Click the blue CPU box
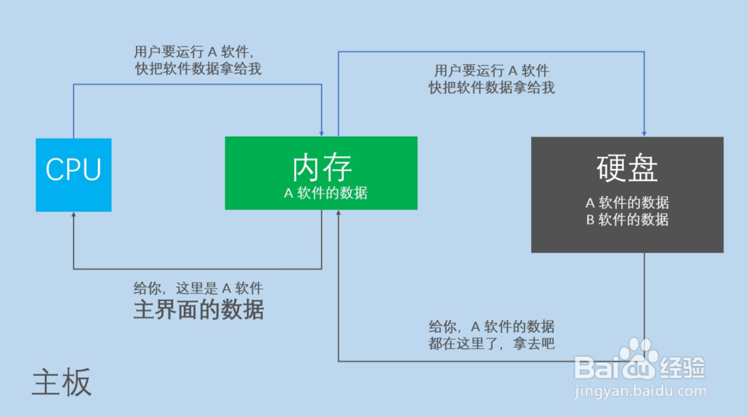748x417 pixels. pyautogui.click(x=73, y=174)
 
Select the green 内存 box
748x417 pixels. pyautogui.click(x=321, y=173)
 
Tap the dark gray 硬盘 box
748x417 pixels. pyautogui.click(x=627, y=194)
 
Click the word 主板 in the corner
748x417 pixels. pyautogui.click(x=61, y=382)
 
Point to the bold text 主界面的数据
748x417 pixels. pyautogui.click(x=198, y=309)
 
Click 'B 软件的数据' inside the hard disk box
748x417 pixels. pyautogui.click(x=627, y=220)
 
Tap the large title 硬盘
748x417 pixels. pyautogui.click(x=627, y=168)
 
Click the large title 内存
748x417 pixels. pyautogui.click(x=322, y=167)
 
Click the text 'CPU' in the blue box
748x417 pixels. pyautogui.click(x=73, y=170)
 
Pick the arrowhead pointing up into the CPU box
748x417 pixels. pyautogui.click(x=73, y=215)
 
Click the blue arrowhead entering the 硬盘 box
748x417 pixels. pyautogui.click(x=644, y=132)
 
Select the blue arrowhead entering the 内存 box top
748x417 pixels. pyautogui.click(x=322, y=132)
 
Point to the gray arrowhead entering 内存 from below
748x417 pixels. pyautogui.click(x=338, y=214)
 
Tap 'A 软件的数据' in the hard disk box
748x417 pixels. pyautogui.click(x=627, y=203)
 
